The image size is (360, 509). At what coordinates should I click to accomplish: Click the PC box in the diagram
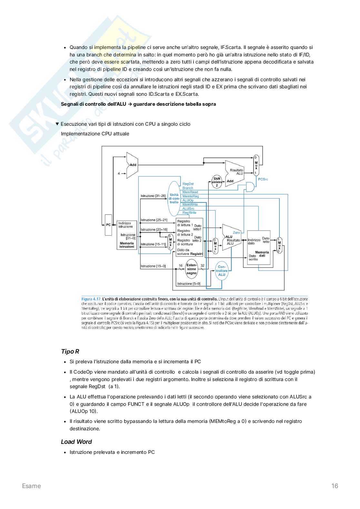point(108,225)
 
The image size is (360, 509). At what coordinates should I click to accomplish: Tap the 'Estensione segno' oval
point(191,269)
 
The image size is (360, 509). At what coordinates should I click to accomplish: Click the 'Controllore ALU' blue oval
point(222,270)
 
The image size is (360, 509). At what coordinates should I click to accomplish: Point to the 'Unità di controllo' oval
point(174,198)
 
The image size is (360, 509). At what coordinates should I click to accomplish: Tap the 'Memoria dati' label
point(262,254)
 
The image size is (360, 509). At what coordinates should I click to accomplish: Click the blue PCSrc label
point(263,179)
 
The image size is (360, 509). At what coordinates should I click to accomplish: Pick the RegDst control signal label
point(188,184)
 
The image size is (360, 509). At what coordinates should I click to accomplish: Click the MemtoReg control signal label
point(191,196)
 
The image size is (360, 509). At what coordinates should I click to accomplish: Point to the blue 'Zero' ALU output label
point(236,232)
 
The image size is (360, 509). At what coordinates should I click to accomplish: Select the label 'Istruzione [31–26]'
point(153,196)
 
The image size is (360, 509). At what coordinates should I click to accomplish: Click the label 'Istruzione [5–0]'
point(189,284)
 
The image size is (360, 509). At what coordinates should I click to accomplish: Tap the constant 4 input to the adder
point(119,173)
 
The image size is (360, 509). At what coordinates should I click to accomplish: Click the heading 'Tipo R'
point(70,351)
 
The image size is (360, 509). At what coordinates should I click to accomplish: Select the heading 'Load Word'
point(76,442)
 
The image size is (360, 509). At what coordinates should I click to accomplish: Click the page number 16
point(335,486)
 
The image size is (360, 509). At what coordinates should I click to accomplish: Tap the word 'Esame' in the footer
point(31,486)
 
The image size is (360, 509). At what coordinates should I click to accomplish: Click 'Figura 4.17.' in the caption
point(91,299)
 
